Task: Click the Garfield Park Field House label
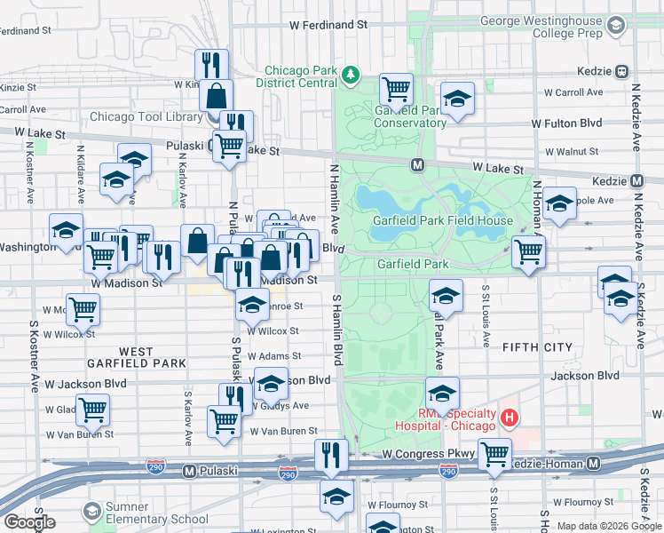tap(442, 220)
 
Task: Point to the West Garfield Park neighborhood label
tap(137, 357)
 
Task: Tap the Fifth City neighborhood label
tap(535, 347)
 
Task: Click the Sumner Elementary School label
tap(153, 519)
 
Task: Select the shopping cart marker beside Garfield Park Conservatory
tap(396, 88)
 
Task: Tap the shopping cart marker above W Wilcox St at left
tap(83, 309)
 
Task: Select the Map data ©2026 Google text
tap(609, 526)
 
